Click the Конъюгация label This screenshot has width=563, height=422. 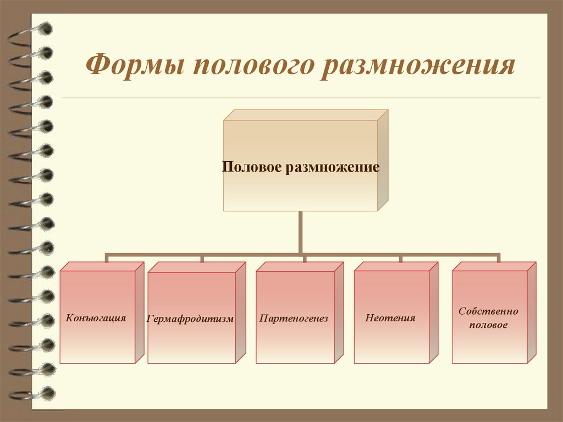(x=96, y=318)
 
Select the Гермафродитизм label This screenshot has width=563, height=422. (x=190, y=319)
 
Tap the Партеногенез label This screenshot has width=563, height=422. (x=294, y=319)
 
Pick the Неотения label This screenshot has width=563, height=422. (x=389, y=318)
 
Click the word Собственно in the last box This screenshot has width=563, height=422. (x=488, y=311)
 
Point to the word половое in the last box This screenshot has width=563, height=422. (x=488, y=325)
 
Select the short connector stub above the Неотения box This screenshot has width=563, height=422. (x=400, y=259)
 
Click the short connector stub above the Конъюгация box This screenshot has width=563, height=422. (x=107, y=259)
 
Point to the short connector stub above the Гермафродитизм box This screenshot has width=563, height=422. (x=202, y=259)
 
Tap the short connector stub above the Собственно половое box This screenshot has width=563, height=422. (x=499, y=259)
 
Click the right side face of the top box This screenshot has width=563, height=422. (x=383, y=160)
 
